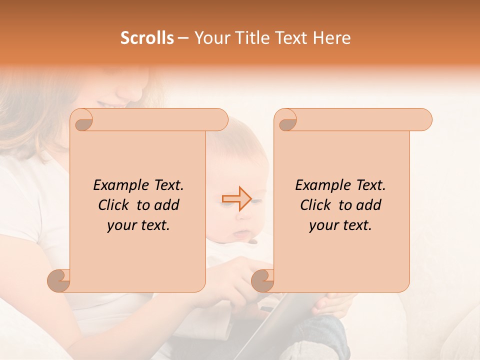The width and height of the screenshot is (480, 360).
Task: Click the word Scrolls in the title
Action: (x=147, y=38)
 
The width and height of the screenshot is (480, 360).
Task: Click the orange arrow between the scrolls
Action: (x=236, y=199)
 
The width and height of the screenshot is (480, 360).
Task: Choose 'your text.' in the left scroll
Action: (x=138, y=225)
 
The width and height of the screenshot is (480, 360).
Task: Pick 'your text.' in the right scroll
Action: (x=340, y=225)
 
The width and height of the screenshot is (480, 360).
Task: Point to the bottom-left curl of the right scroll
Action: (x=263, y=280)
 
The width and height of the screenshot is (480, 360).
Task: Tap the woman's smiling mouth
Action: (x=107, y=103)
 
